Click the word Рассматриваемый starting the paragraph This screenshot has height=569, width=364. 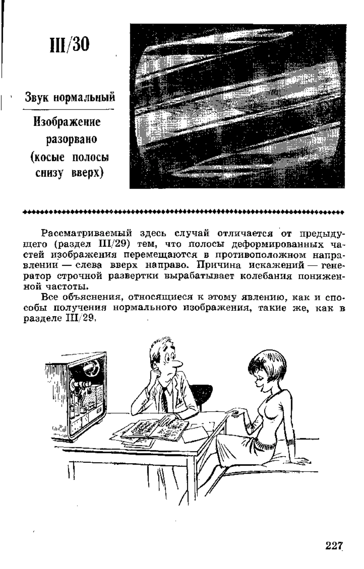[87, 234]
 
